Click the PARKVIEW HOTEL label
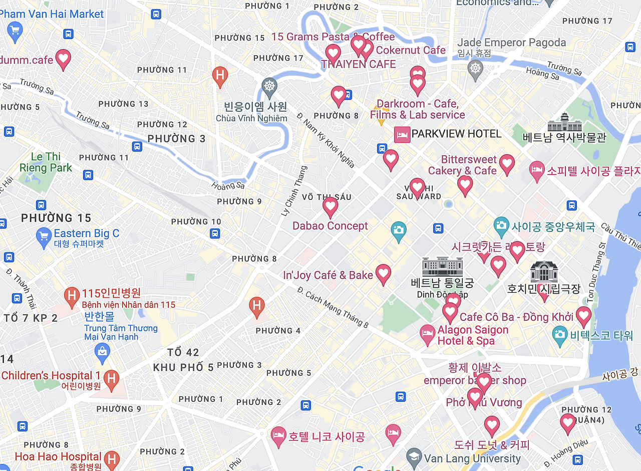coord(456,134)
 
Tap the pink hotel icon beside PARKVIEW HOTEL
coord(402,134)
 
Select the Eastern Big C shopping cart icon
coord(44,235)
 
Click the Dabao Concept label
coord(330,226)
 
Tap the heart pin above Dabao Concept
coord(330,206)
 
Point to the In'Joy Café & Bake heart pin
coord(383,274)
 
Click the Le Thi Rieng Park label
coord(46,162)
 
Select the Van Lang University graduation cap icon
coord(414,456)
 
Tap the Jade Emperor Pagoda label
coord(511,43)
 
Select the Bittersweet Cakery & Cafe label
coord(463,165)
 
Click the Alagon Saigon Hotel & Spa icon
coord(427,334)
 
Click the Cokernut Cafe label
coord(411,50)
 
